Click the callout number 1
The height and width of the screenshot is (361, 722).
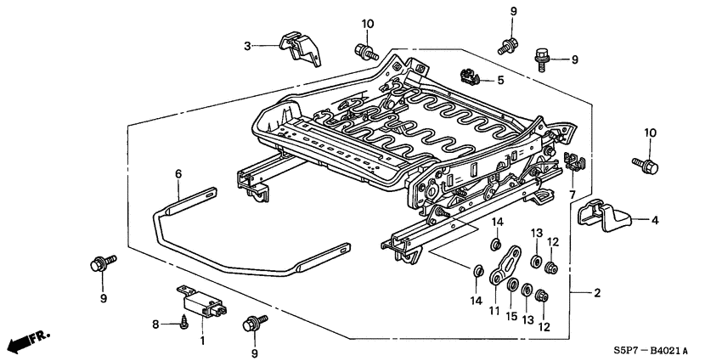coord(201,341)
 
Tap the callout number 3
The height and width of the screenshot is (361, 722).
coord(247,46)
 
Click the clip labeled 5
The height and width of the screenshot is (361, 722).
coord(469,76)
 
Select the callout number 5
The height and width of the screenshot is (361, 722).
coord(500,81)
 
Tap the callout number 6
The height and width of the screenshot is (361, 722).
coord(178,173)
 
